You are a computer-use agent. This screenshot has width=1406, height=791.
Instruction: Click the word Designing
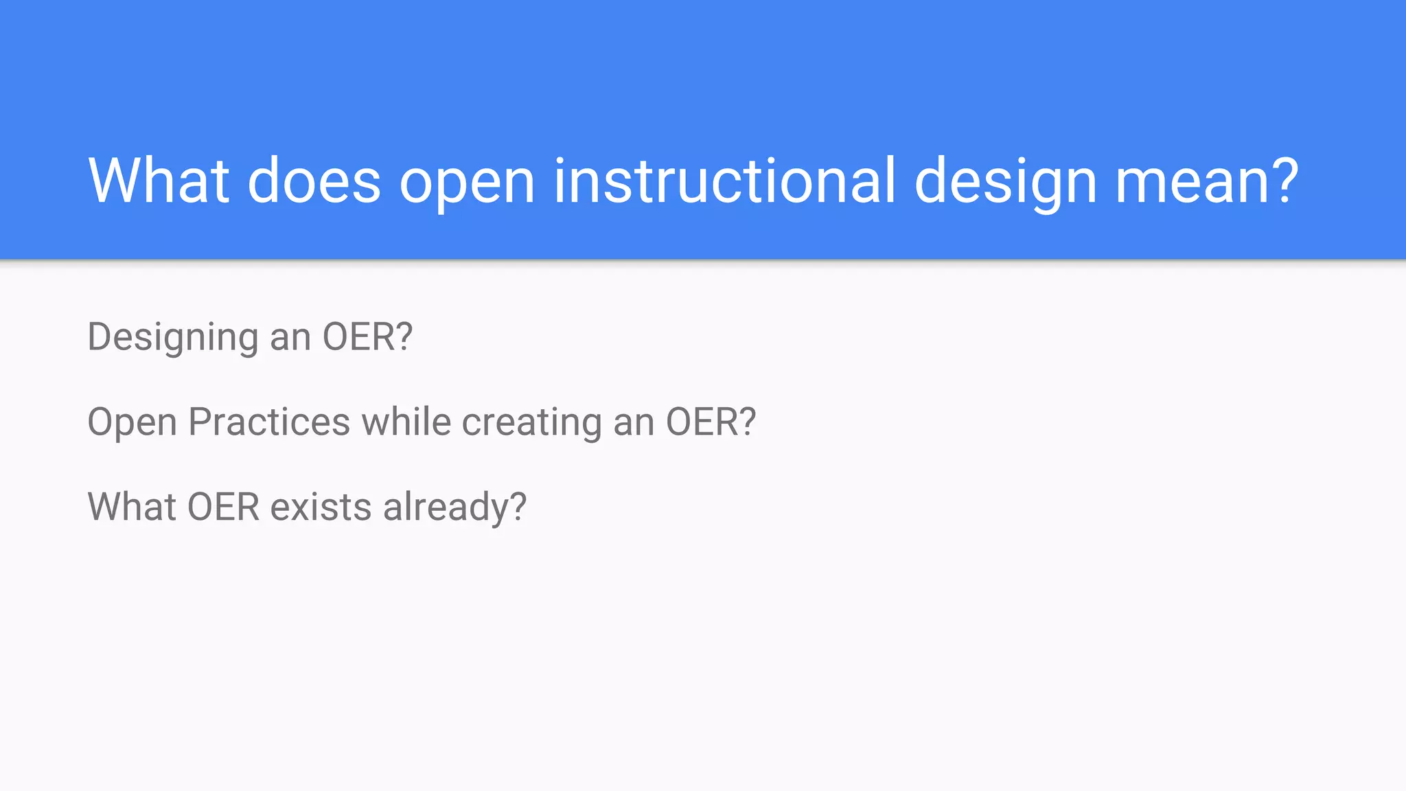coord(172,338)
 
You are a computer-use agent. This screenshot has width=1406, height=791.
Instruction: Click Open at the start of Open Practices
coord(132,423)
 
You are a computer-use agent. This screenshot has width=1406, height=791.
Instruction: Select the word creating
coord(531,423)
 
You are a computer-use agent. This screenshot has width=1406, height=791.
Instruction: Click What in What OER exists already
coord(132,507)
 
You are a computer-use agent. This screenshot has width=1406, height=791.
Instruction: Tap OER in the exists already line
coord(223,507)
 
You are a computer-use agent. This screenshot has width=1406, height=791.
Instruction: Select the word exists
coord(321,507)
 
